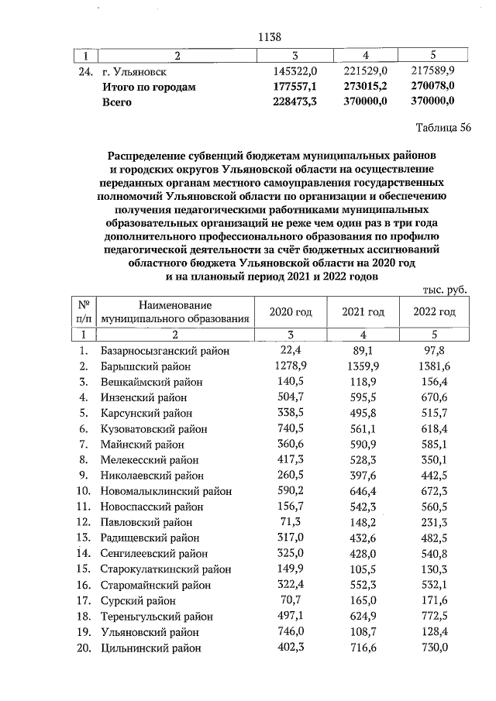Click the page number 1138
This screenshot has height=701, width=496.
coord(267,37)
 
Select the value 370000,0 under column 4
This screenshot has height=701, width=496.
coord(363,101)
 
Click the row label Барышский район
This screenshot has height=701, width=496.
coord(152,366)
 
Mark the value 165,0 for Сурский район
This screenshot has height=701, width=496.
coord(363,601)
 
